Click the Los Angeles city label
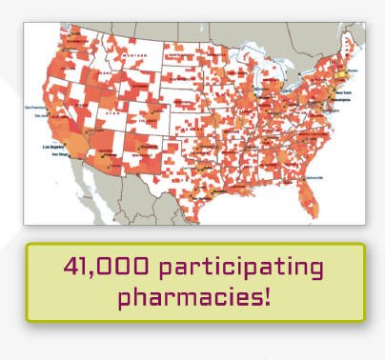point(53,148)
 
